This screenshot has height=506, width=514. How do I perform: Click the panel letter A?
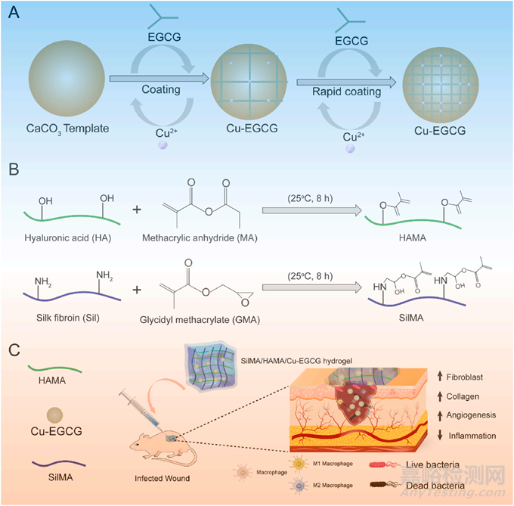tap(13, 13)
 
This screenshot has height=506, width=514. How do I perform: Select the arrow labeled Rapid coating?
tap(346, 77)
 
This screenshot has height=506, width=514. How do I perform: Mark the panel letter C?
tap(13, 350)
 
